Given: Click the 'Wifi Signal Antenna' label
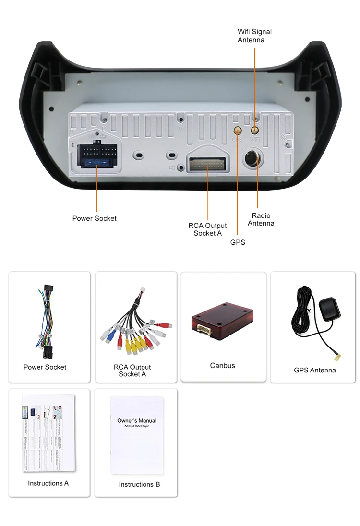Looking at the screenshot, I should click(x=254, y=36).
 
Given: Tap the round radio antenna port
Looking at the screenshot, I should click(x=252, y=159).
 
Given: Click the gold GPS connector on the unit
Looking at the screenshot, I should click(x=238, y=130).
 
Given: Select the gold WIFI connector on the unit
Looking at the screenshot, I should click(x=255, y=129).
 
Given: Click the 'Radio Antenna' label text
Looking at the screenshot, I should click(x=261, y=219).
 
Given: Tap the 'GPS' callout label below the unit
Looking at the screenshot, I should click(x=238, y=242).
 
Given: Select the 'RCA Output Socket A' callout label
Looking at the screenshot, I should click(x=207, y=229).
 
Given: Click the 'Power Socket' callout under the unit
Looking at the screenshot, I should click(x=94, y=218).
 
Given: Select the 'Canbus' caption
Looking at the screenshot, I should click(x=223, y=366).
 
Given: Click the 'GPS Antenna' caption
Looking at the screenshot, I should click(x=315, y=370).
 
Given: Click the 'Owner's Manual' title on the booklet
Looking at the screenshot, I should click(x=137, y=421).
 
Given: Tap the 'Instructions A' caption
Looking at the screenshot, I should click(x=48, y=483).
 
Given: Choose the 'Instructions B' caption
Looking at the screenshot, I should click(x=140, y=484).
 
